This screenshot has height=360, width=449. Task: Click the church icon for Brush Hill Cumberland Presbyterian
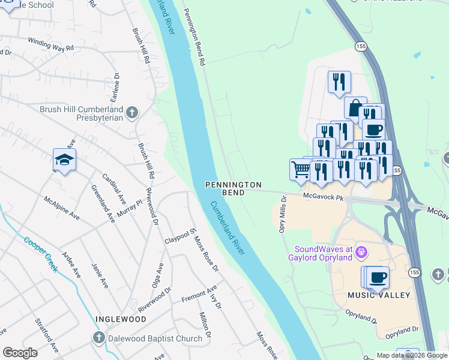[132, 112]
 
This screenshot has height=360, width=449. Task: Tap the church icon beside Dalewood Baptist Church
[99, 338]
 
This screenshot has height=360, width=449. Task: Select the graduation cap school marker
[64, 160]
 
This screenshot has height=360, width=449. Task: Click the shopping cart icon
[300, 169]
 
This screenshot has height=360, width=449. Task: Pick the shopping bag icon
[355, 107]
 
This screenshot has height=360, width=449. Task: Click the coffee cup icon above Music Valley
[378, 277]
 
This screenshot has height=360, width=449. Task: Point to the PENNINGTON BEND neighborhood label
[234, 188]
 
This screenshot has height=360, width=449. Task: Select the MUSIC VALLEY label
[378, 295]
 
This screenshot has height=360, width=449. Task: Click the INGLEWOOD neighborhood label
[120, 319]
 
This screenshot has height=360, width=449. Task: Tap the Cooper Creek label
[41, 255]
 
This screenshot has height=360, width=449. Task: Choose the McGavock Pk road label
[322, 196]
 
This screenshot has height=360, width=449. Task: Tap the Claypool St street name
[181, 236]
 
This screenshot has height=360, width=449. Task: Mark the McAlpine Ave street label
[62, 206]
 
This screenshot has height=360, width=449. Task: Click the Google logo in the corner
[20, 353]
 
